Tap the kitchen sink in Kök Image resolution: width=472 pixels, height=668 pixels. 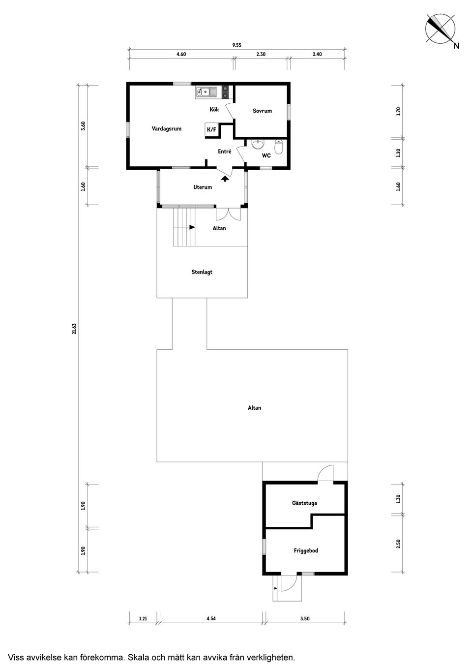point(206,91)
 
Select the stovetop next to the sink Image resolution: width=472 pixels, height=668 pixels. point(226,91)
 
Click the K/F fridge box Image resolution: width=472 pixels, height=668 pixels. point(211,130)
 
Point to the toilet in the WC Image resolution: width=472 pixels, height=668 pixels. point(279,147)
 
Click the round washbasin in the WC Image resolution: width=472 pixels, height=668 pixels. point(257,145)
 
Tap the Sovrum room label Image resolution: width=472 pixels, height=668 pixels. point(262,111)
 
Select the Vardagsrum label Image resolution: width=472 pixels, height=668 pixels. point(166,129)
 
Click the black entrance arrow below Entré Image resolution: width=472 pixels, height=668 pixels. point(225,179)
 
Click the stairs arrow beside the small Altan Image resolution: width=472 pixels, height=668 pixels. point(191,227)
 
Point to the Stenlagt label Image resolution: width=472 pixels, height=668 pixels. point(202,272)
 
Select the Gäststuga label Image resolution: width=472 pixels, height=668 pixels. point(304,503)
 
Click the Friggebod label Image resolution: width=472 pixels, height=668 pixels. point(306,550)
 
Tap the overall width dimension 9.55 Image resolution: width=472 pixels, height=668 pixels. point(236,45)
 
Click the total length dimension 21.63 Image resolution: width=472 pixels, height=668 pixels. point(74,328)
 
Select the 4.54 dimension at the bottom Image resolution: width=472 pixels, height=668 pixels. point(211,619)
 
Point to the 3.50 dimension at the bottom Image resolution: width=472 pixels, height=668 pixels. point(305,619)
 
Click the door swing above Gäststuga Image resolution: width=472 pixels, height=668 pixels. point(325,474)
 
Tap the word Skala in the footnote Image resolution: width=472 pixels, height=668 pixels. point(139,657)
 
